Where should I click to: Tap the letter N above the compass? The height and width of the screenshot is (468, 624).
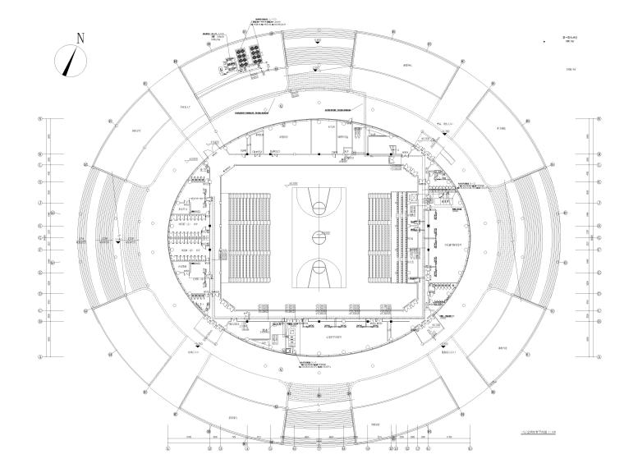pos(80,38)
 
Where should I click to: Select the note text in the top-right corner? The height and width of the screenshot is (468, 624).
pos(567,41)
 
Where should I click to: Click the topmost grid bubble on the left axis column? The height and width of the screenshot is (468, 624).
pos(40,120)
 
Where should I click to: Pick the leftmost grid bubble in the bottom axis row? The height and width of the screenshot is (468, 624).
pos(168,449)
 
